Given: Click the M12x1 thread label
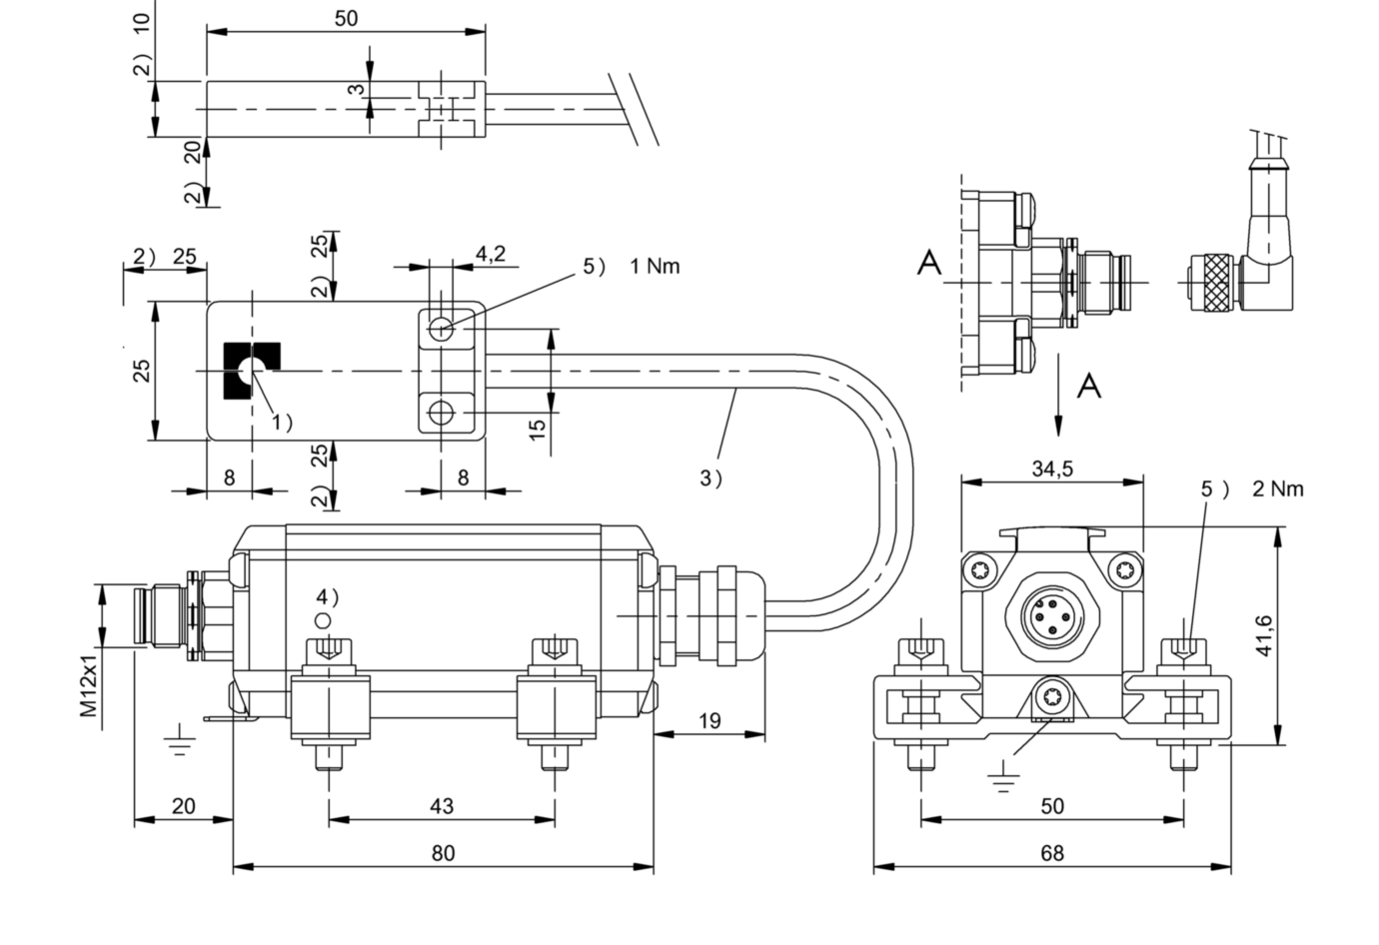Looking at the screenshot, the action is tap(89, 684).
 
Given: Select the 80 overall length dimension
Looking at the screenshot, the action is tap(444, 853).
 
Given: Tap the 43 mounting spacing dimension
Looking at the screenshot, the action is tap(442, 806).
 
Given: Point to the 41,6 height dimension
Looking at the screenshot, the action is tap(1263, 635).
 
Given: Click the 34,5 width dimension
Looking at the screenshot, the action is tap(1052, 469).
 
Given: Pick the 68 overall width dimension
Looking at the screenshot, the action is tap(1052, 853).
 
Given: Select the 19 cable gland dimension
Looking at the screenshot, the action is tap(709, 721).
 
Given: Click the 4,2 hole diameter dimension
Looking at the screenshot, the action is tap(491, 253).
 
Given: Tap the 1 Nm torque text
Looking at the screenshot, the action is tap(656, 267).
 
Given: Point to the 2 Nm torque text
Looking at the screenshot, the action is tap(1278, 489).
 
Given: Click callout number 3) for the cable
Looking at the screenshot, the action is tap(711, 478).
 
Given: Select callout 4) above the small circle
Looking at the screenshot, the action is tap(328, 596).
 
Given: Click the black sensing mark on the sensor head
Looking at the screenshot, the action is tap(252, 371).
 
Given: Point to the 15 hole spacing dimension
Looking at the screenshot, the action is tap(538, 430).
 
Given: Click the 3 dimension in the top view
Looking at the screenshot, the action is tap(357, 89).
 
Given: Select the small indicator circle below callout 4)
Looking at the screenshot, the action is tap(323, 620).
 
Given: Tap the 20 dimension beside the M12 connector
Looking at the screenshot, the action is tap(184, 806).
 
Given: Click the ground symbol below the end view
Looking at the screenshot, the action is tap(1003, 776).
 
